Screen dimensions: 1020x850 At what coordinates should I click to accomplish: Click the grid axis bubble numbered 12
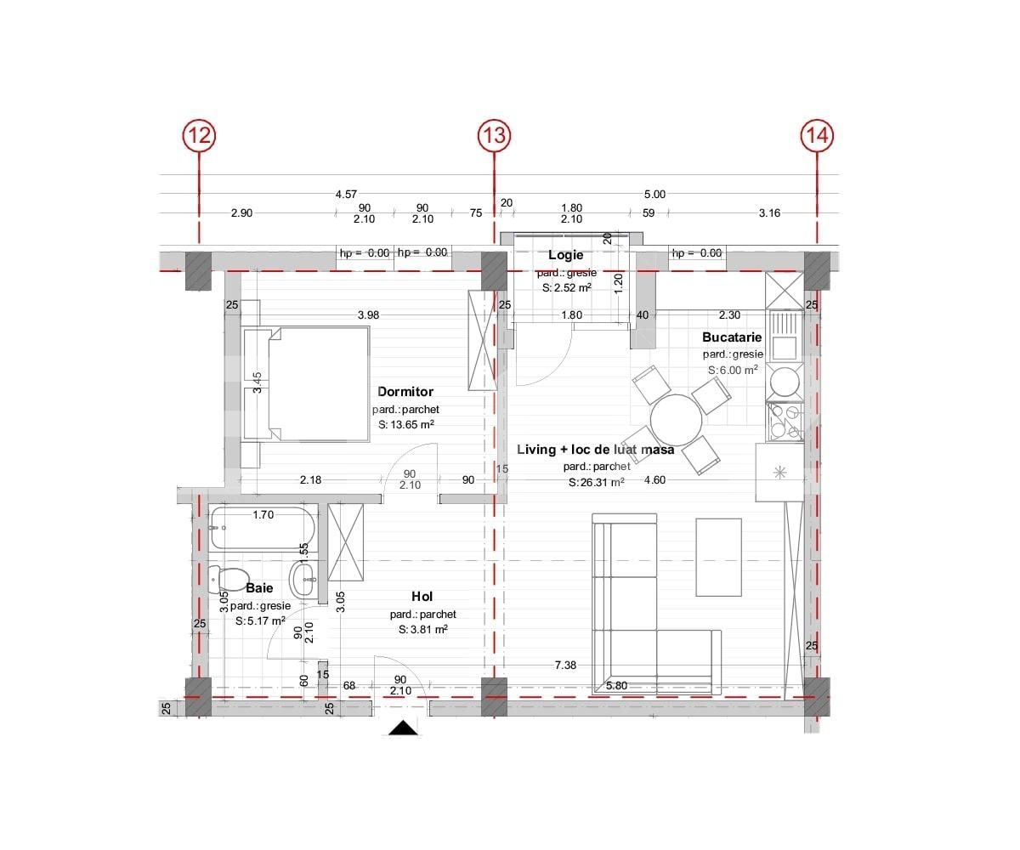pos(199,135)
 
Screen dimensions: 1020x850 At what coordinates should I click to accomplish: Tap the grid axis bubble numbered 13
pos(494,135)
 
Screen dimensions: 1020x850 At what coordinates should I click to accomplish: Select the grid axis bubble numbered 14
pos(817,135)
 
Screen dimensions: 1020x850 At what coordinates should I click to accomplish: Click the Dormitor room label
pos(405,391)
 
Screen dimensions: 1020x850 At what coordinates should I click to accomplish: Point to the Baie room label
pos(259,587)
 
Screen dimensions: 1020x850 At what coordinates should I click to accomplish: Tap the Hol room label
pos(422,596)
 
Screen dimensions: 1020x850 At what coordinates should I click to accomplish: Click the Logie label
pos(566,255)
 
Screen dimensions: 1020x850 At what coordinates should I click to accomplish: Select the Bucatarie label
pos(732,337)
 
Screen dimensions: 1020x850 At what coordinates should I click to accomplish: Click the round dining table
pos(676,420)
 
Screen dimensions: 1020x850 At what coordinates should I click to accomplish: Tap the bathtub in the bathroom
pos(263,528)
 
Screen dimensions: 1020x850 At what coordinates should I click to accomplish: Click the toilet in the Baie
pos(228,578)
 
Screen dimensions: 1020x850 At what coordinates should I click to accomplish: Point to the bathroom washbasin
pos(303,580)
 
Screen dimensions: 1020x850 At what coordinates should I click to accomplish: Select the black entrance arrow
pos(404,728)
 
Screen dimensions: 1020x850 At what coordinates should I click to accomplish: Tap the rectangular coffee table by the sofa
pos(718,557)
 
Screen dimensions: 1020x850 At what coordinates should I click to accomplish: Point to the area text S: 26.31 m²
pos(596,483)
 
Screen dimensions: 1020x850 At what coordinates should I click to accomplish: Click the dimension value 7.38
pos(565,665)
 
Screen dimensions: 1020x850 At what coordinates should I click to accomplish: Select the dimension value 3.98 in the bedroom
pos(368,315)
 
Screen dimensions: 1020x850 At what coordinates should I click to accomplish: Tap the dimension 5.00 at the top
pos(654,194)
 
